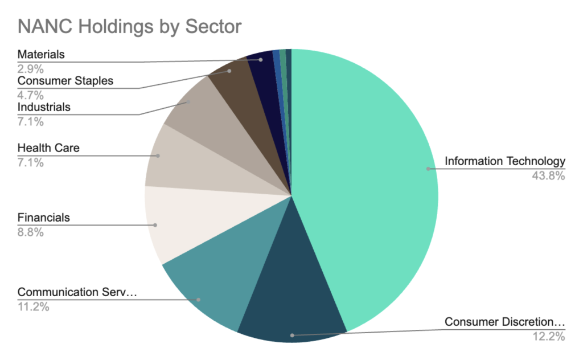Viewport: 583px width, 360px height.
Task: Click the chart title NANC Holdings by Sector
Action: (x=130, y=26)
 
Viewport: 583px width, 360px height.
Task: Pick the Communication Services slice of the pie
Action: (x=211, y=285)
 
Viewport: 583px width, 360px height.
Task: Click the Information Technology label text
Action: (x=504, y=161)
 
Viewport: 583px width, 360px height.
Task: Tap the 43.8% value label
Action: (x=548, y=176)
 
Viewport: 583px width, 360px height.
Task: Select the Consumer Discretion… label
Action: (x=504, y=322)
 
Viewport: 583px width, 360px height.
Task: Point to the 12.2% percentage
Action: (x=548, y=337)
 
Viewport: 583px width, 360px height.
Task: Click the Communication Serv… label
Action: (x=77, y=292)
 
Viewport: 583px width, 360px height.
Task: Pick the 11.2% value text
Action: (x=34, y=308)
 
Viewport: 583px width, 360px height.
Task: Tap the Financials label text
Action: (x=44, y=217)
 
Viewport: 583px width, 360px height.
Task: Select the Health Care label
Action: (x=48, y=148)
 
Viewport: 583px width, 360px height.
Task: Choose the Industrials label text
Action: (x=44, y=107)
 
